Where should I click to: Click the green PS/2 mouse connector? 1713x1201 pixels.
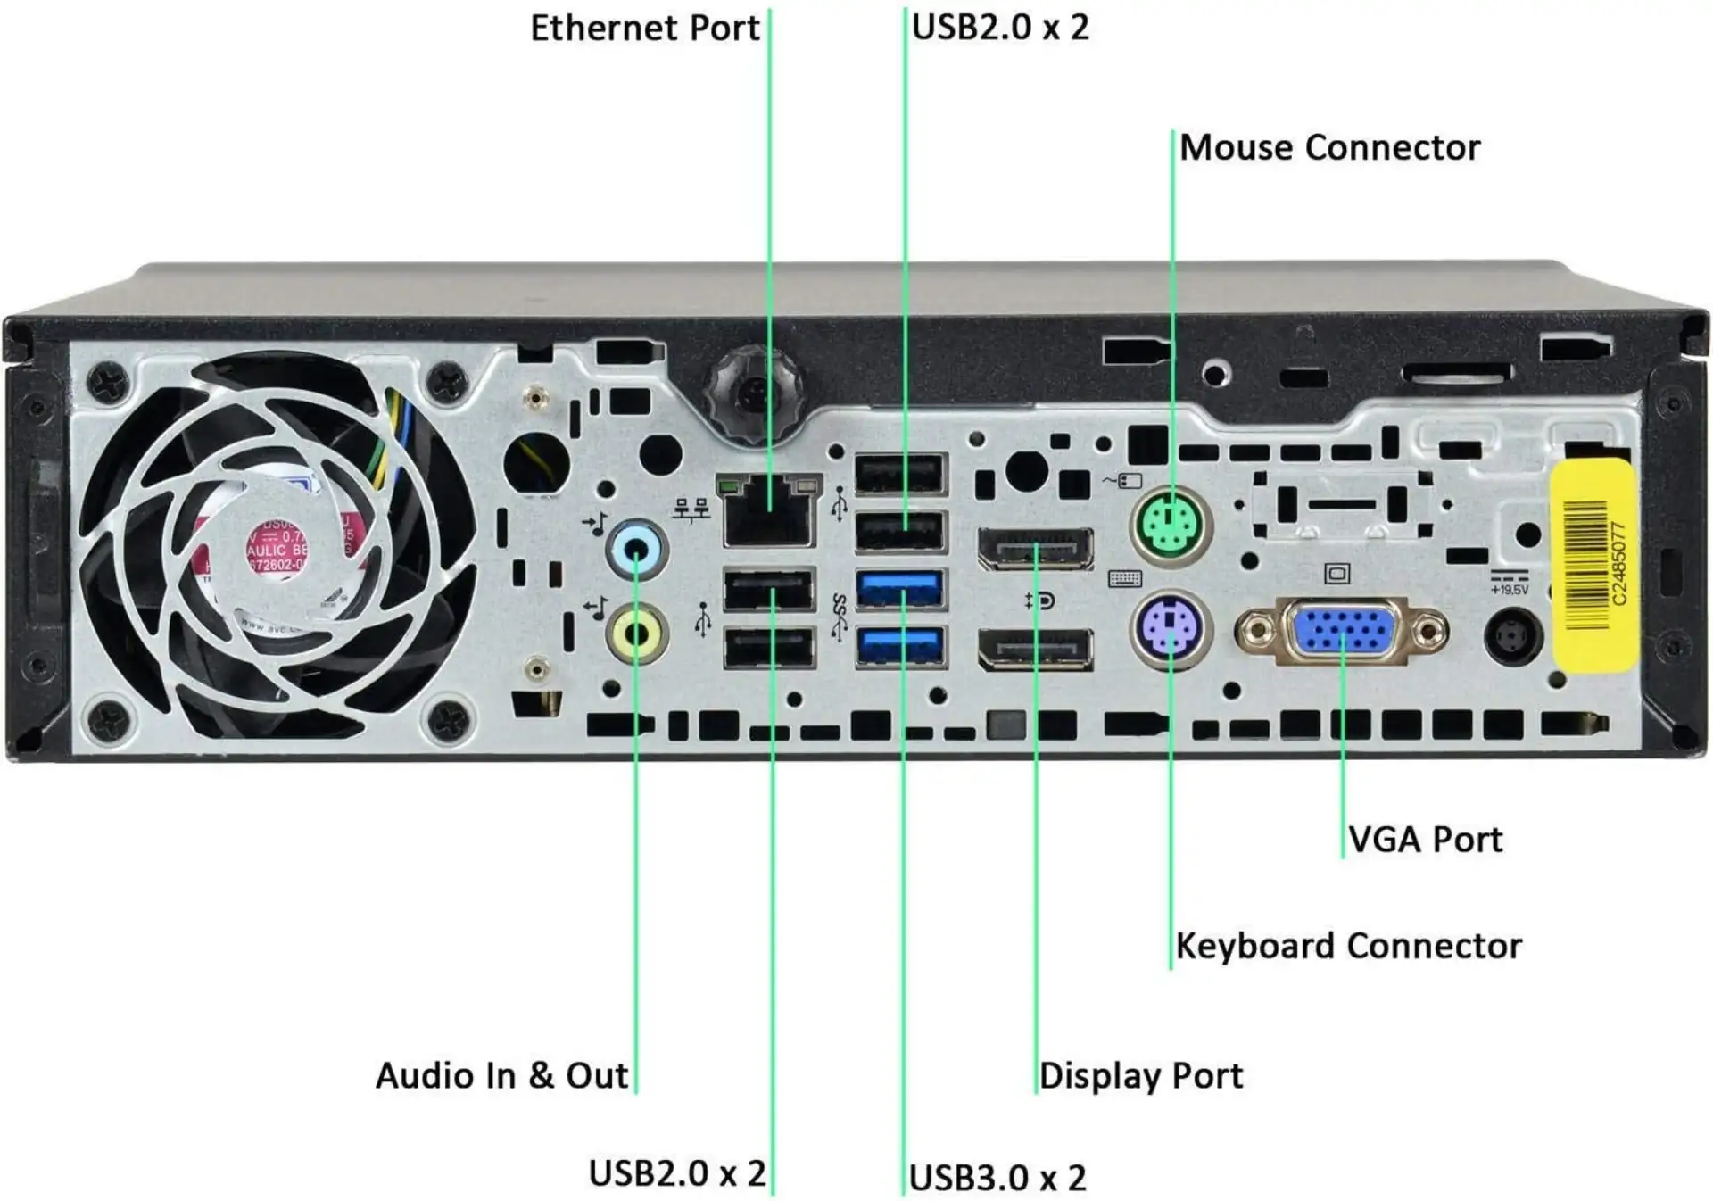[1171, 523]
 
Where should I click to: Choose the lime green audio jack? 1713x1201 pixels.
[636, 634]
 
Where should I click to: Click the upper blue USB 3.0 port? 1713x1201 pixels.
[900, 590]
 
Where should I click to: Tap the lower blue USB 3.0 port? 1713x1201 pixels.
[900, 647]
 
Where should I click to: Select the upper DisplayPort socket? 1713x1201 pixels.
[1036, 549]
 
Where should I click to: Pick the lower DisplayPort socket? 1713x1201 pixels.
[1036, 649]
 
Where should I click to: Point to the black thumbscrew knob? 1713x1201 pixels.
[753, 392]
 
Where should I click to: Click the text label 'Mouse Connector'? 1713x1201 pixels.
[1329, 148]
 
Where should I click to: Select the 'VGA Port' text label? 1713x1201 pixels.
[1425, 840]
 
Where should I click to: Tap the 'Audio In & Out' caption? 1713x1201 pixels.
[501, 1075]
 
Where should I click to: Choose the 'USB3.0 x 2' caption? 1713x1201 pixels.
[997, 1178]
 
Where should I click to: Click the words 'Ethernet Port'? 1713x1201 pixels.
[644, 29]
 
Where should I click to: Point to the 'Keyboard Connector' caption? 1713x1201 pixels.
[1348, 946]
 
